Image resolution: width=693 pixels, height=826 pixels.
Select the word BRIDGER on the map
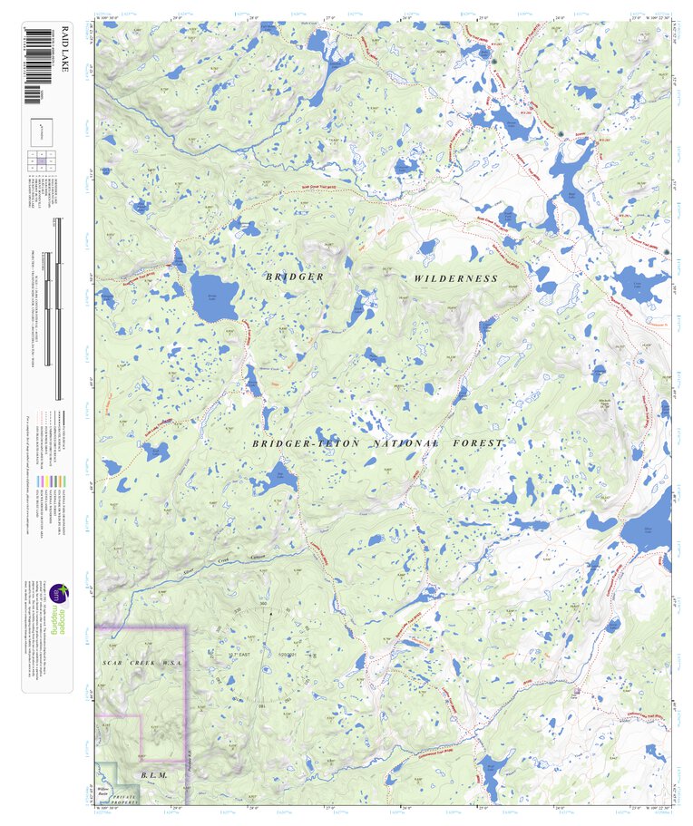coord(294,276)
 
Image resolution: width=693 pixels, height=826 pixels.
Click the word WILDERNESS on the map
coord(456,278)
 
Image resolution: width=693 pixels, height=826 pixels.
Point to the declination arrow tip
coord(269,614)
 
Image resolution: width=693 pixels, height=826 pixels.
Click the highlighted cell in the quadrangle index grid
coord(42,160)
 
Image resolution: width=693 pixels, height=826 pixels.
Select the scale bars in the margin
coord(57,308)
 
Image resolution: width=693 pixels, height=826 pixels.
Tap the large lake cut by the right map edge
coord(647,530)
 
